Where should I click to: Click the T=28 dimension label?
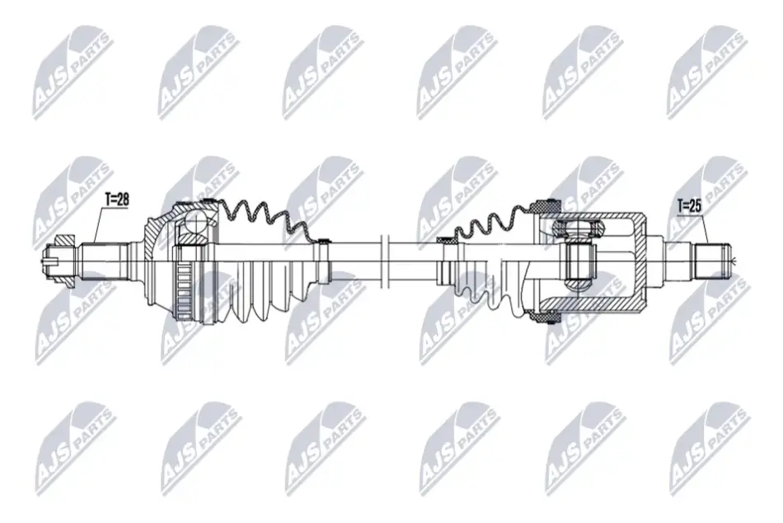pos(117,199)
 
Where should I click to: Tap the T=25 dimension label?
pos(689,206)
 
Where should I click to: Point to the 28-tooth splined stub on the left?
pos(103,260)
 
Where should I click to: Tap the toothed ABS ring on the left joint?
pos(185,291)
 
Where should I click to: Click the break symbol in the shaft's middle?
pos(384,261)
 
